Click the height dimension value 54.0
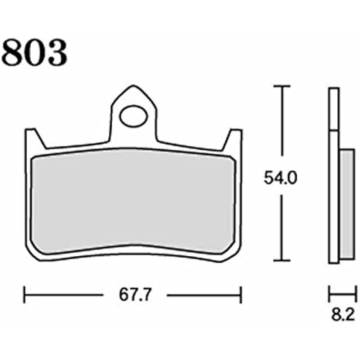tap(280, 178)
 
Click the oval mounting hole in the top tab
tap(134, 116)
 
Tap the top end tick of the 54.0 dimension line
tap(281, 86)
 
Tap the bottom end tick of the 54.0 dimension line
tap(281, 260)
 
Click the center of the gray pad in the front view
tap(133, 202)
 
